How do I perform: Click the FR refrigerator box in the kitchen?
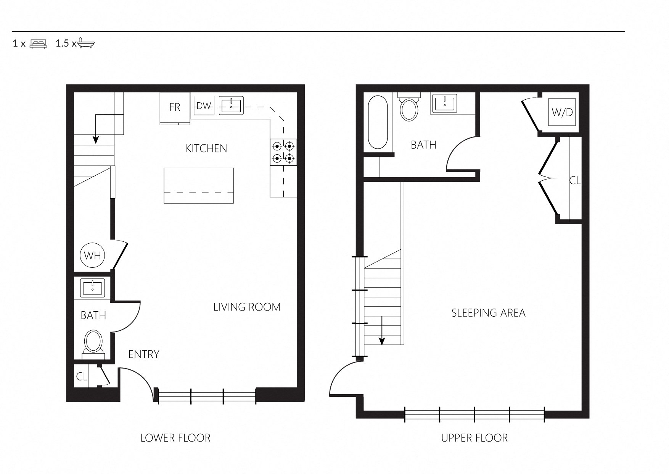pyautogui.click(x=175, y=108)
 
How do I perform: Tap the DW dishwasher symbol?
pyautogui.click(x=204, y=106)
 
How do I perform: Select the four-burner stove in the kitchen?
pyautogui.click(x=283, y=152)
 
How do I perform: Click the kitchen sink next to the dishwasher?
pyautogui.click(x=231, y=105)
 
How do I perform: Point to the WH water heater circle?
pyautogui.click(x=92, y=255)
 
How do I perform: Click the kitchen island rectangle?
pyautogui.click(x=198, y=185)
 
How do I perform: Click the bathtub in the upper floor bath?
pyautogui.click(x=378, y=122)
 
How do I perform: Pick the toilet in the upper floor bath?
pyautogui.click(x=408, y=108)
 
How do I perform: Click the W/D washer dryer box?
pyautogui.click(x=562, y=112)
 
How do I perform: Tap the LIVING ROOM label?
pyautogui.click(x=247, y=307)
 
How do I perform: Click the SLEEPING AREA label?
pyautogui.click(x=488, y=313)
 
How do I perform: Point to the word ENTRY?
pyautogui.click(x=144, y=354)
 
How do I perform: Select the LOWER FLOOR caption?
pyautogui.click(x=175, y=438)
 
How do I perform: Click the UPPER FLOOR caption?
pyautogui.click(x=474, y=438)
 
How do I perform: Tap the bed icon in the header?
pyautogui.click(x=38, y=44)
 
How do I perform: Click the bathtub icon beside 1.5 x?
pyautogui.click(x=86, y=43)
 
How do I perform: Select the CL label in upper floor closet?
pyautogui.click(x=575, y=180)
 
